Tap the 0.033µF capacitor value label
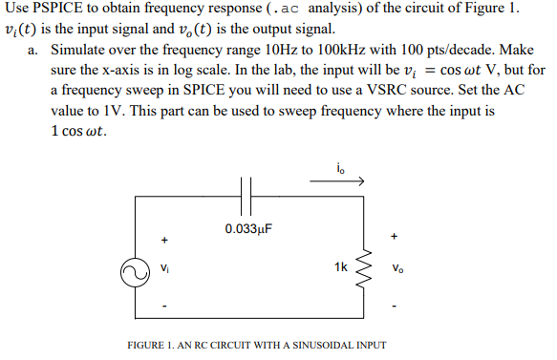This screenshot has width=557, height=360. [248, 229]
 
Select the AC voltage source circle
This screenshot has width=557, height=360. [133, 272]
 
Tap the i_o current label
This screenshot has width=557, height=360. [341, 170]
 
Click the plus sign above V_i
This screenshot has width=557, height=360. [163, 239]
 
